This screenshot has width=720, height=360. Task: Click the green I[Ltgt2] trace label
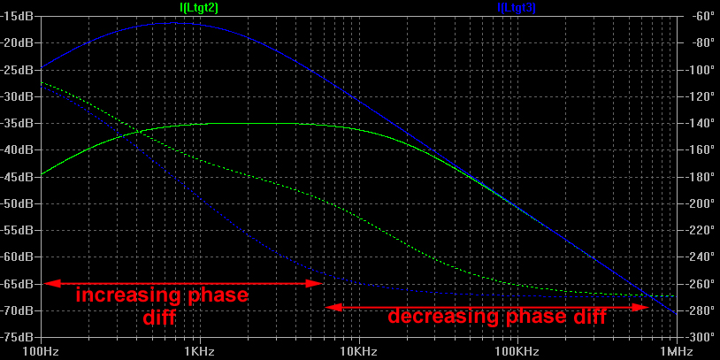199,7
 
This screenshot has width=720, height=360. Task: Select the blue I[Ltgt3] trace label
517,7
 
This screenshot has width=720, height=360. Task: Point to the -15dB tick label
19,16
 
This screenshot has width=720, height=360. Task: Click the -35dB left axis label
19,123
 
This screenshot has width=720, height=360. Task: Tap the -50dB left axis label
19,203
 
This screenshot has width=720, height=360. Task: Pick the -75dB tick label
19,337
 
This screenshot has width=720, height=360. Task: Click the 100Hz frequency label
40,350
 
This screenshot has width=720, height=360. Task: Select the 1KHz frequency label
199,350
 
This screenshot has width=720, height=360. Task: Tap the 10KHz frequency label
358,350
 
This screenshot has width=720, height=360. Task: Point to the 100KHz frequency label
517,350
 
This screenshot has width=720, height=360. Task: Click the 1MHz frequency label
676,350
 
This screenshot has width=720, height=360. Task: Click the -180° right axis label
702,177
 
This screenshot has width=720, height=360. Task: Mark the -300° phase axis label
702,337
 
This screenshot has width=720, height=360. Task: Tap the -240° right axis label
702,257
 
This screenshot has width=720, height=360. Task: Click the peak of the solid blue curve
168,24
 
